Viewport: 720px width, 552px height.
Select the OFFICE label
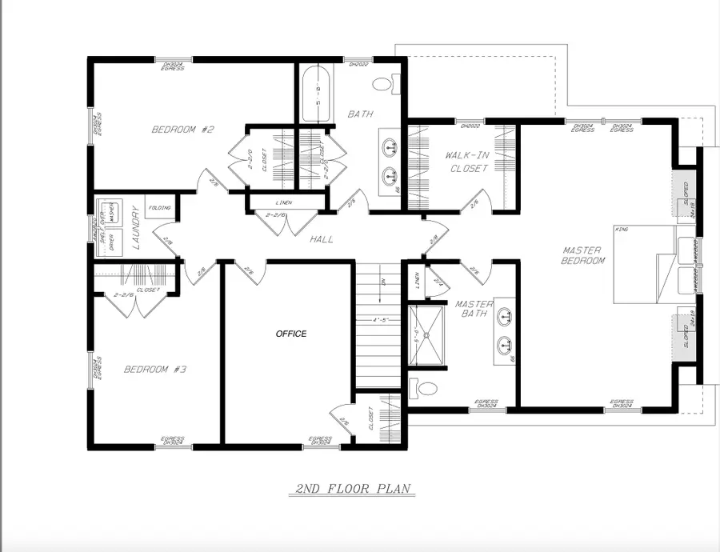(291, 334)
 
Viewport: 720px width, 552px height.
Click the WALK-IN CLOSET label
(466, 162)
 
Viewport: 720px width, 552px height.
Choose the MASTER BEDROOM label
(583, 255)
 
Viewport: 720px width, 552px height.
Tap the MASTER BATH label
(474, 309)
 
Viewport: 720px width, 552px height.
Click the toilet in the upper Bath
(383, 83)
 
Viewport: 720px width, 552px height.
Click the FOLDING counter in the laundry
(160, 208)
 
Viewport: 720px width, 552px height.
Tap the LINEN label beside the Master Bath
(417, 280)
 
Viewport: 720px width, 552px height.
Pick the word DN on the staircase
(384, 281)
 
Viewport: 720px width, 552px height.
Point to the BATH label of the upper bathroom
(360, 114)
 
